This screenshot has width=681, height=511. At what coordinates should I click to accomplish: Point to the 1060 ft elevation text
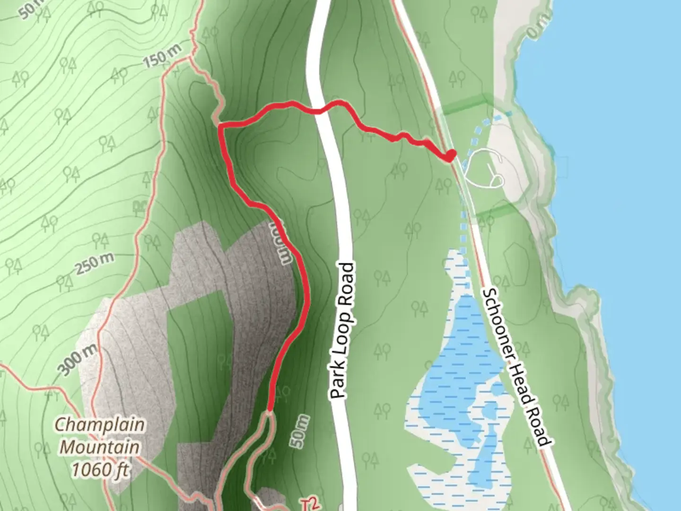pos(100,470)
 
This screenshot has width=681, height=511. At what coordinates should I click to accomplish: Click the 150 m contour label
pos(161,57)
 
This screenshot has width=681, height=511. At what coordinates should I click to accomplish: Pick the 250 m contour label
pos(95,263)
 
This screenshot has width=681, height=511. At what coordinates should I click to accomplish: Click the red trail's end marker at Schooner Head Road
pos(450,155)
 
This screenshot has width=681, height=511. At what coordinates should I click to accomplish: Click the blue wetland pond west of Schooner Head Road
pos(466,360)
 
